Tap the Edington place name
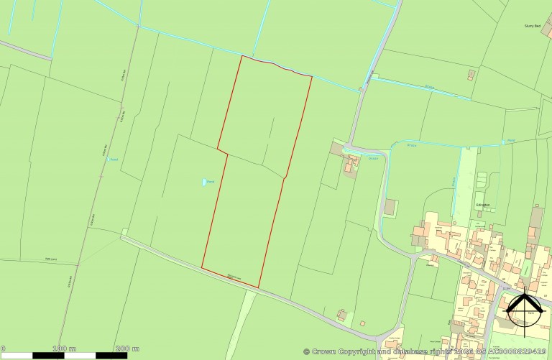pos(482,205)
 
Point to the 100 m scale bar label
pos(65,348)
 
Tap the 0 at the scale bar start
pos(3,348)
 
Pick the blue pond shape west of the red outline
pos(203,183)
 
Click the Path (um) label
pos(50,259)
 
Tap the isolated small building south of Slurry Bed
pos(471,74)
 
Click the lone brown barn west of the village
pos(390,207)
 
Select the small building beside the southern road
pos(341,315)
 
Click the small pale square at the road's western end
pos(124,232)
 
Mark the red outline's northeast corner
pos(312,75)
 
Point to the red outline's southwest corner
pos(202,269)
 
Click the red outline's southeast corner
pos(258,288)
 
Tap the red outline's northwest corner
pos(241,56)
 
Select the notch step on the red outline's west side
pos(223,152)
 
